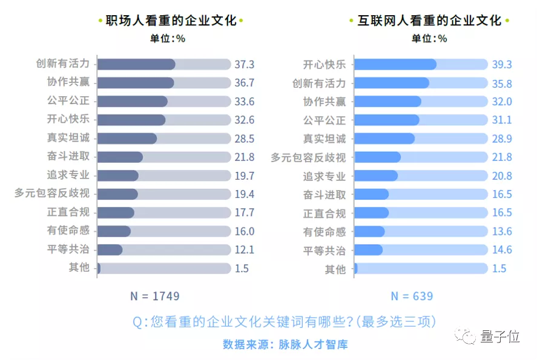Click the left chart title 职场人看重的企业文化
click(171, 21)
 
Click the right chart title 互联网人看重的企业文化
click(429, 21)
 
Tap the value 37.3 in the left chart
click(244, 64)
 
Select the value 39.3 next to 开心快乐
click(501, 64)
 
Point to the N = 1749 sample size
click(154, 296)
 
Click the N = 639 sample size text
click(412, 296)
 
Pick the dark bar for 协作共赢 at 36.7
click(136, 83)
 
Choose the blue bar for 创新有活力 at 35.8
click(391, 83)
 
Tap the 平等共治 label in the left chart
click(68, 249)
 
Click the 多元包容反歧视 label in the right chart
click(308, 157)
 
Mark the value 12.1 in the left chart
click(244, 249)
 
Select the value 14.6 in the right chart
click(501, 249)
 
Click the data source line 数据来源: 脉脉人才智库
click(285, 344)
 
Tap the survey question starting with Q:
click(285, 321)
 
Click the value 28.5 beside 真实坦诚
click(244, 139)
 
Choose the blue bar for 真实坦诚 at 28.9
click(384, 139)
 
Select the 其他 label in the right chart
click(335, 269)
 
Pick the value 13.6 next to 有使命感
click(501, 231)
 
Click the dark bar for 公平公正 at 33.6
click(132, 101)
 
